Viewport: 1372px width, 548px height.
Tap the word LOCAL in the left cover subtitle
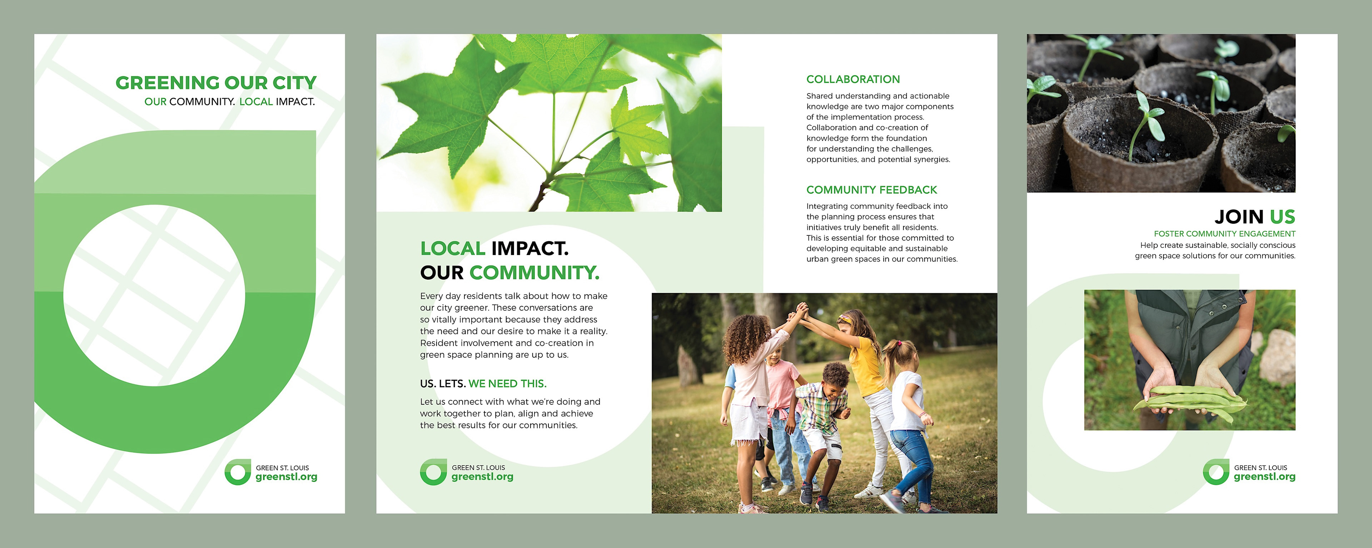tap(256, 102)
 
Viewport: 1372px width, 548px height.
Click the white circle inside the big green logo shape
tap(154, 295)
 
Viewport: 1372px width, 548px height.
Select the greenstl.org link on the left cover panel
tap(287, 477)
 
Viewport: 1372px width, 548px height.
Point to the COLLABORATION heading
tap(853, 79)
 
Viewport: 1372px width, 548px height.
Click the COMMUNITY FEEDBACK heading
tap(871, 190)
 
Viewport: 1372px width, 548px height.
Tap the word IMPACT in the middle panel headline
tap(530, 248)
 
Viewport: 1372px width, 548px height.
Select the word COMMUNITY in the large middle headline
tap(534, 273)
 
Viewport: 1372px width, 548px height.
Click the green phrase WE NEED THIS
tap(508, 384)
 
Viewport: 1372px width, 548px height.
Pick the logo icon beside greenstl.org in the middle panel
tap(433, 472)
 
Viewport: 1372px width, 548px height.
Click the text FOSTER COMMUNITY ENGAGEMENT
tap(1224, 234)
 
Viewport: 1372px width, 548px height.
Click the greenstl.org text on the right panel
tap(1264, 477)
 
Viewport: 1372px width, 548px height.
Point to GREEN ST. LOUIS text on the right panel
tap(1261, 468)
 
